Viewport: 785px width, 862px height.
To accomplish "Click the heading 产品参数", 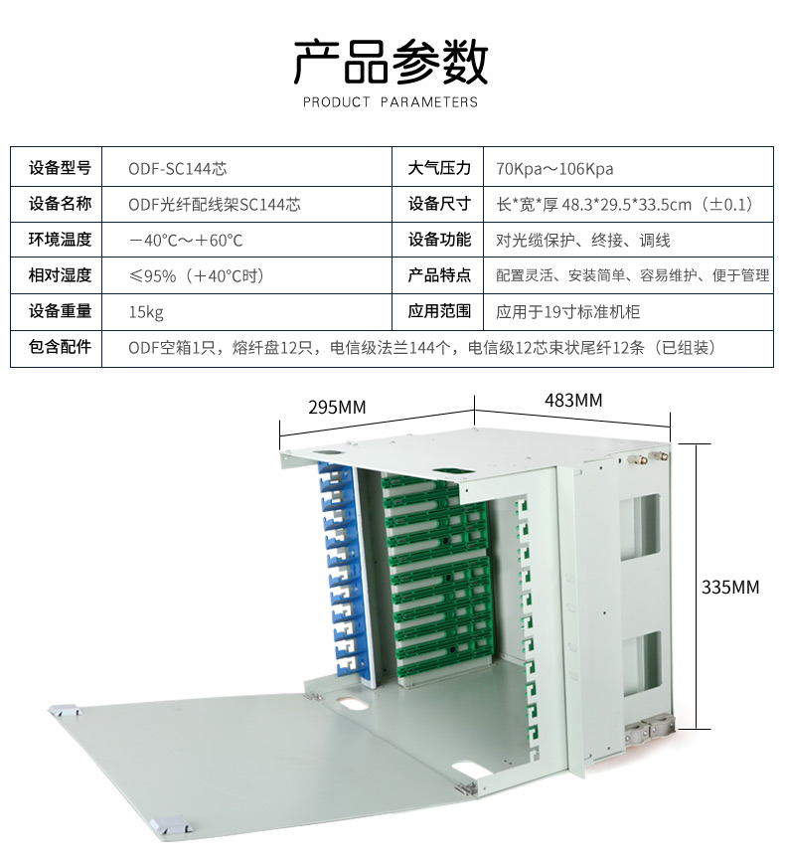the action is (391, 62).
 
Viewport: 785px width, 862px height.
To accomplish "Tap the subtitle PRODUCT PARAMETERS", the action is (391, 101).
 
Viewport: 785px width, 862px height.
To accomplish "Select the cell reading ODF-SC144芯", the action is (171, 168).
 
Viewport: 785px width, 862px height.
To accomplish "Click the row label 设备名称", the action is (60, 204).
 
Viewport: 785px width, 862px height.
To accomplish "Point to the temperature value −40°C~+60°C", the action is (186, 240).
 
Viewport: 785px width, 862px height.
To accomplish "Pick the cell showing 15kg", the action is (146, 311).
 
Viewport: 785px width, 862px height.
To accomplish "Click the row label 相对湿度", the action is (60, 275).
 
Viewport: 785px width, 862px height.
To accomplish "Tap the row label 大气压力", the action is (439, 168).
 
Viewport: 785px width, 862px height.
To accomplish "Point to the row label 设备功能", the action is (439, 240).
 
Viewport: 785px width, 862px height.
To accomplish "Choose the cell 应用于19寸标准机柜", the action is (568, 311).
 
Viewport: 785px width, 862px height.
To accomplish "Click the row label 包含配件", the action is (60, 347).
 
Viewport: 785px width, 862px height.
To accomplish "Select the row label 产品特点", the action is (439, 275).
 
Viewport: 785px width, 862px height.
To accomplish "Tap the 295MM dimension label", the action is (337, 408).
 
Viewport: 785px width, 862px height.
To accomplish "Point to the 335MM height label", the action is (730, 587).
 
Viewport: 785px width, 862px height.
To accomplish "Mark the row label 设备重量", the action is (60, 311).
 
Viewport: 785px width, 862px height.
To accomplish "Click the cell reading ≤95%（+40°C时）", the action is (197, 275).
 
